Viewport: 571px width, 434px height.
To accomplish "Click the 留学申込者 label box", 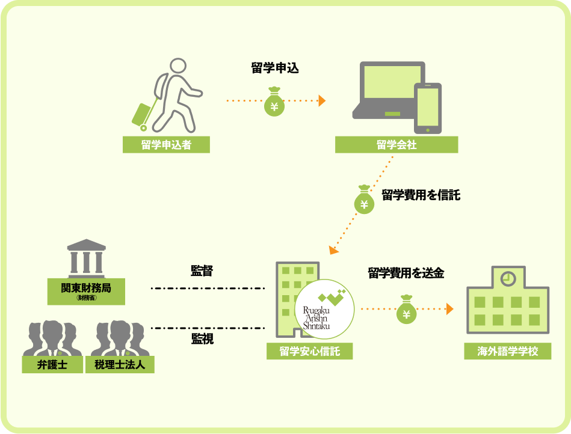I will click(x=166, y=145).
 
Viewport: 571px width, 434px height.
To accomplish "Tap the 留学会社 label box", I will click(x=397, y=145).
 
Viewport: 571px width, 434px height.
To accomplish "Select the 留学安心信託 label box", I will click(x=309, y=351).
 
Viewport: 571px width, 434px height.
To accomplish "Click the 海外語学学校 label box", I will click(x=507, y=351).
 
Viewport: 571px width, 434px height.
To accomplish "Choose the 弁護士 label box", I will click(x=52, y=364).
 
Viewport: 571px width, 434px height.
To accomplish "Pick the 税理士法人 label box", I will click(x=124, y=364).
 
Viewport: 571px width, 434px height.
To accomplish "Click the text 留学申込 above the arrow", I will click(x=274, y=68).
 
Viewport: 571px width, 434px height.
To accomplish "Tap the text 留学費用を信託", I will click(x=421, y=195).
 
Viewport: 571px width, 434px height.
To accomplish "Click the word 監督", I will click(x=202, y=271).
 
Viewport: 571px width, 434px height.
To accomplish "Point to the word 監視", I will click(x=202, y=340).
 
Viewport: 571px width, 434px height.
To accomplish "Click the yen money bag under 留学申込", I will click(x=274, y=103).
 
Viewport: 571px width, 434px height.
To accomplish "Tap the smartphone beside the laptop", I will click(x=428, y=108).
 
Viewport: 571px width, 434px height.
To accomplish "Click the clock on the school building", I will click(x=508, y=278).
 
